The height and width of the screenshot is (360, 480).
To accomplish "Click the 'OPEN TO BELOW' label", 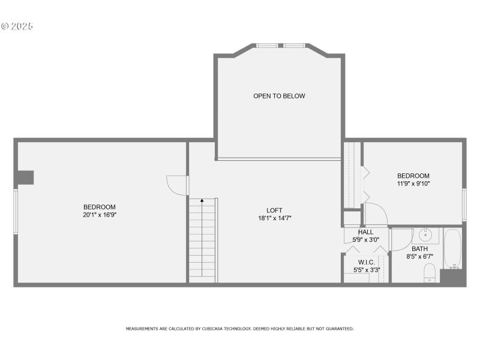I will click(x=279, y=96).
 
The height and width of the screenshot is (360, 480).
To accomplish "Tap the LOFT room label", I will click(x=274, y=210).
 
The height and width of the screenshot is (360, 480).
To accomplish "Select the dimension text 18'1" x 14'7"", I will click(x=274, y=218).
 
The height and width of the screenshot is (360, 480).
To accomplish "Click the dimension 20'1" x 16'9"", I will click(x=99, y=215).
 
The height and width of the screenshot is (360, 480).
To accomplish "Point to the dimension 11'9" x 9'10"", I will click(x=413, y=184).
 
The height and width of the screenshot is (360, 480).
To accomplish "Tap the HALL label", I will click(x=365, y=232).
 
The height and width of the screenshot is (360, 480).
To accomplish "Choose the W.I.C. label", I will click(x=366, y=262).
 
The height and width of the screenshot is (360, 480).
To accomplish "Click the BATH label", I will click(x=419, y=248).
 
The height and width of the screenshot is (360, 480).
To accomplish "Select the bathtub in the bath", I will click(x=452, y=248).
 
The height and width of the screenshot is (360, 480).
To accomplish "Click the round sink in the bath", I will click(x=425, y=234).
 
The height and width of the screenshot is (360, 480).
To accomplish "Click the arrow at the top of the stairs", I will click(x=202, y=200).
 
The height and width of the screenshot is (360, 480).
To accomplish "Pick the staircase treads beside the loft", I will click(x=202, y=240).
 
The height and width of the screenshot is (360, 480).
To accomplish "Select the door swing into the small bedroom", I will click(x=375, y=214).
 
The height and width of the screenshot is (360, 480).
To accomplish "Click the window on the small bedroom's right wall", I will click(x=464, y=205).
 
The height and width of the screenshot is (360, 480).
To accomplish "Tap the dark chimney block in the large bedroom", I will click(x=25, y=177).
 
